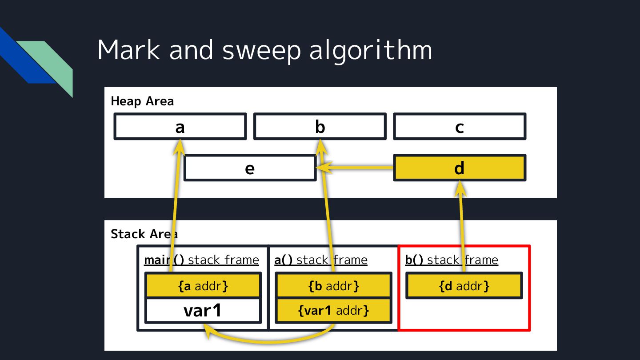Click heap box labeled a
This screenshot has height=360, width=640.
click(x=180, y=127)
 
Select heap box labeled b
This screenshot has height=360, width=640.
click(x=320, y=127)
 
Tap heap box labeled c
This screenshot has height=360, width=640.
click(x=460, y=127)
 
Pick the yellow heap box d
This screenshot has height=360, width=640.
click(x=460, y=168)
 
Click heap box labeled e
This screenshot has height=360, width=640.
click(x=250, y=168)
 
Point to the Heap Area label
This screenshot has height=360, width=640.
click(x=142, y=101)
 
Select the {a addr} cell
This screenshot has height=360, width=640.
click(x=203, y=285)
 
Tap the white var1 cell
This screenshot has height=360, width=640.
click(x=203, y=310)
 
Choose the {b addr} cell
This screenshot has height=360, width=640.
click(x=334, y=285)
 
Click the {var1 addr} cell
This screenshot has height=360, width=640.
click(x=334, y=310)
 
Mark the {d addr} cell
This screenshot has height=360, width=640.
click(x=464, y=285)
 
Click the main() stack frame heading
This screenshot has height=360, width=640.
click(x=201, y=260)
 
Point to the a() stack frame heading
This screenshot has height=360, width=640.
click(x=321, y=260)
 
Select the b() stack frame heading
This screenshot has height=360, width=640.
click(x=452, y=260)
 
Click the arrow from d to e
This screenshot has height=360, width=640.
click(x=356, y=168)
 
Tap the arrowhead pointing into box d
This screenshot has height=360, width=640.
click(x=460, y=188)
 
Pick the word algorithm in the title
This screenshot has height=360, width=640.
click(x=371, y=50)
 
